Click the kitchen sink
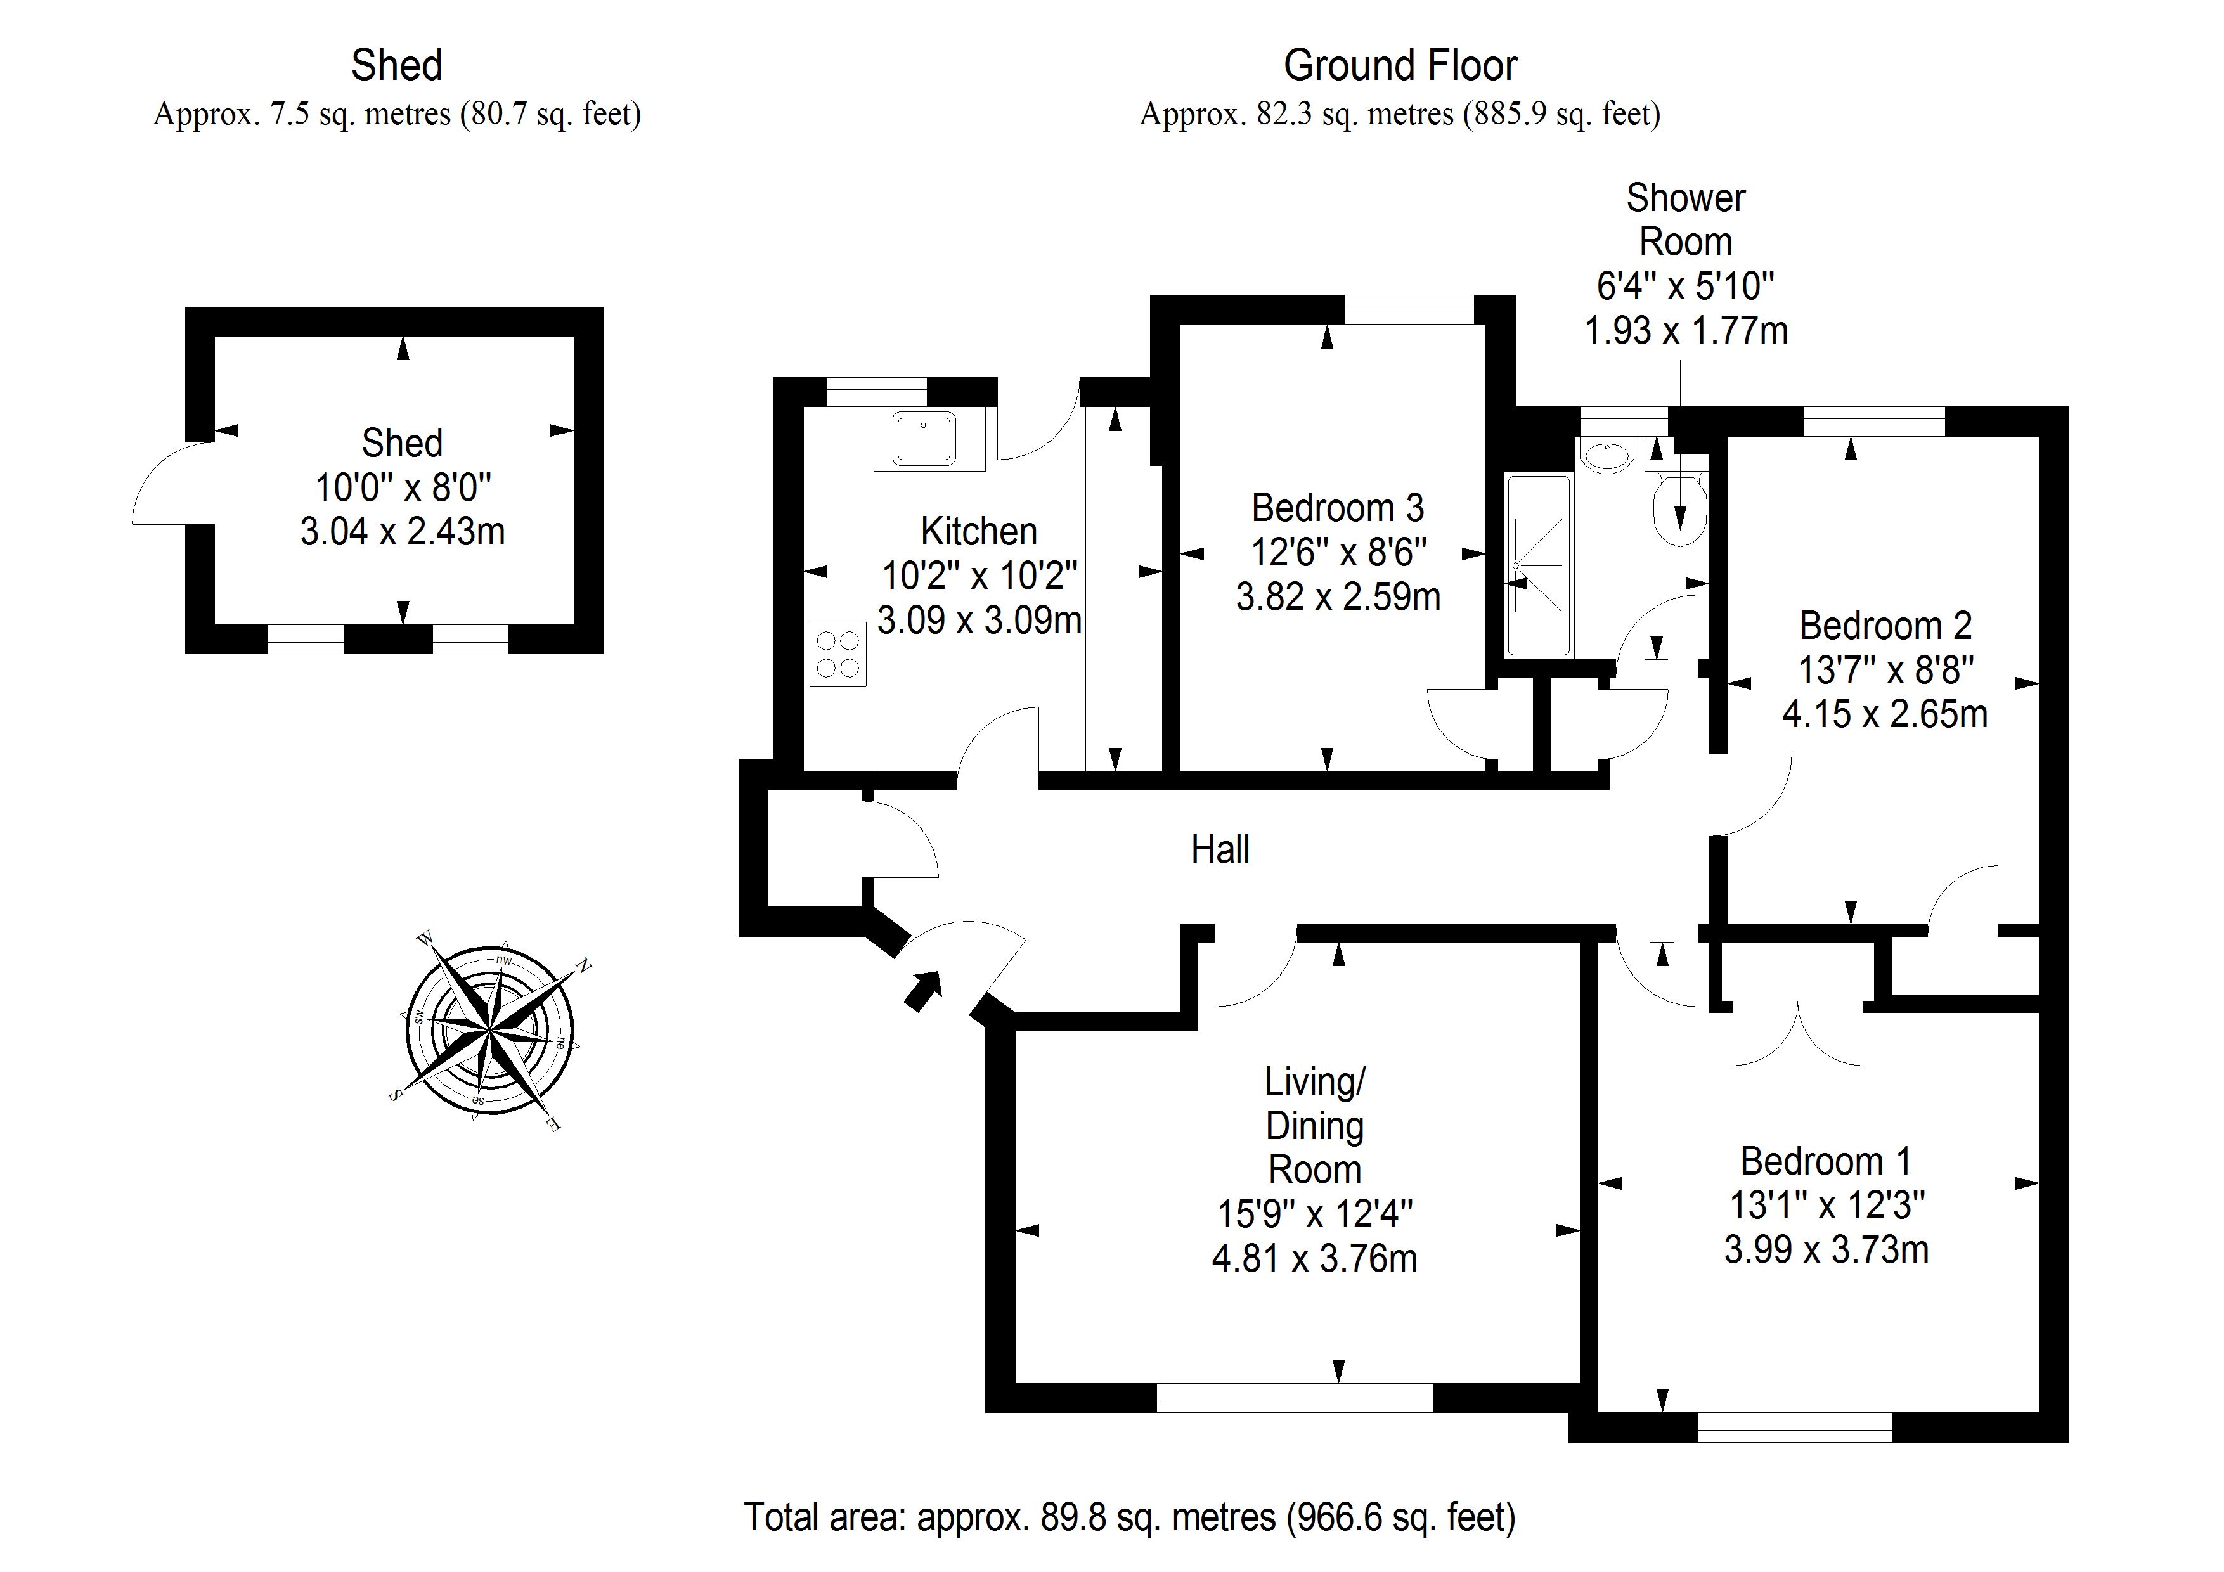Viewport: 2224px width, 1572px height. pyautogui.click(x=924, y=438)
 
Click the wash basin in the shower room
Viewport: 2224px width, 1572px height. pyautogui.click(x=1606, y=455)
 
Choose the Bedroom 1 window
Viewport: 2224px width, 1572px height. pyautogui.click(x=1794, y=1427)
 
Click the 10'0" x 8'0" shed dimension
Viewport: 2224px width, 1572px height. pyautogui.click(x=403, y=487)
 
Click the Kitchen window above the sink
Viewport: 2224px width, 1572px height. pyautogui.click(x=877, y=392)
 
